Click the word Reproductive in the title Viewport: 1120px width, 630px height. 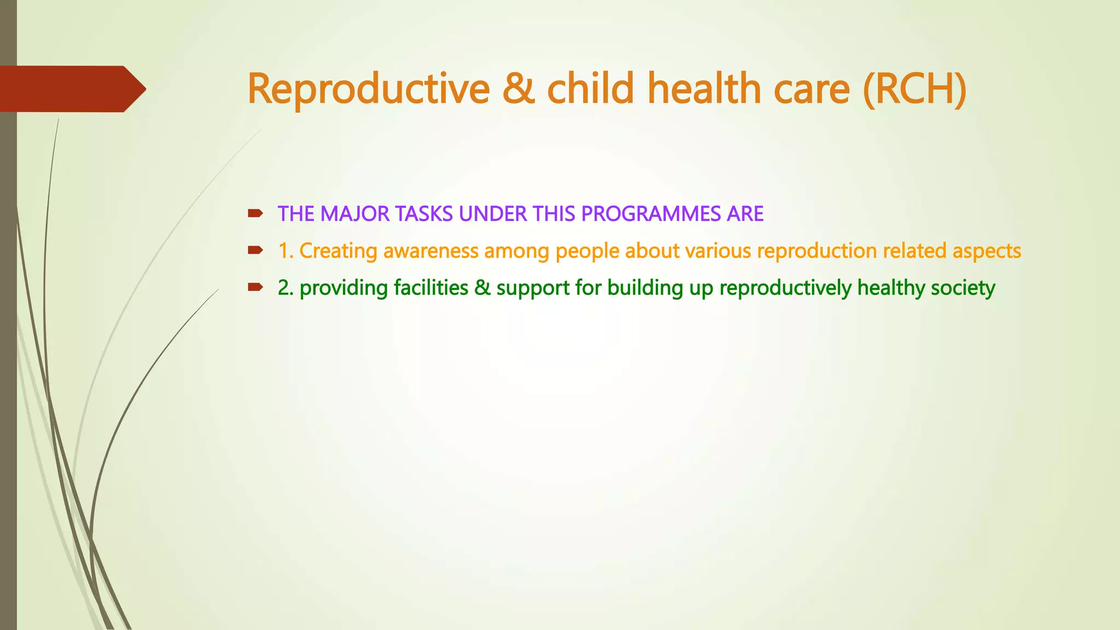369,89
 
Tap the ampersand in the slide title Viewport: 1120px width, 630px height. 517,89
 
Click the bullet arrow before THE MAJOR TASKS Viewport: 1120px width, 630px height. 255,213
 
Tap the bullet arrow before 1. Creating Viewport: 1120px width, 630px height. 255,250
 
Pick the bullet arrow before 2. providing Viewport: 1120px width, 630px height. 255,287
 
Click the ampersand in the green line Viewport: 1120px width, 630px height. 482,288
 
